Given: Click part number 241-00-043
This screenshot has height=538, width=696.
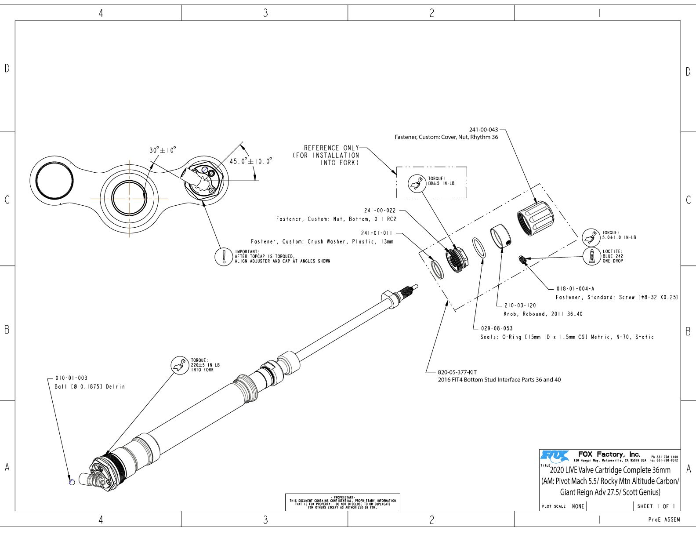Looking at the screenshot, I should point(483,130).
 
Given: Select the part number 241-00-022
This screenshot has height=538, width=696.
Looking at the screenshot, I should point(380,211).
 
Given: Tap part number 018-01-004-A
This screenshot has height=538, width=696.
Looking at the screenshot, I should point(575,289).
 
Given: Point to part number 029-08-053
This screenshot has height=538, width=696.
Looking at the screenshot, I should point(497,328).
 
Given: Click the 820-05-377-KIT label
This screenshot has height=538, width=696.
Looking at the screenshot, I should point(457,372).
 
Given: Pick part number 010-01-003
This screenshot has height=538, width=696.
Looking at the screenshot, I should point(71,378).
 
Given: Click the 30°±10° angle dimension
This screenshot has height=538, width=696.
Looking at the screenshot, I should point(163,150).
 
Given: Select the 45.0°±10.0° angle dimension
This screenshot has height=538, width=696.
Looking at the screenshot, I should point(250,161).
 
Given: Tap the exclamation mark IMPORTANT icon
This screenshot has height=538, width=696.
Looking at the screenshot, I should point(223,256).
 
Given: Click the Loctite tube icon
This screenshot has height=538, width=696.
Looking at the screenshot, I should point(591,256).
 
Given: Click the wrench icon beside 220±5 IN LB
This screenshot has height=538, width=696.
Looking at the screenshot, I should point(179,365).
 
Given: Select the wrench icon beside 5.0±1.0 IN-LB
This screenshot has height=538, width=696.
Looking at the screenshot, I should point(591,237).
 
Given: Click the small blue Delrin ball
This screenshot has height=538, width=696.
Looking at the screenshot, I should point(72,482).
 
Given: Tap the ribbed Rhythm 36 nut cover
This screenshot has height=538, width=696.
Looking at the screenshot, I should point(535,219).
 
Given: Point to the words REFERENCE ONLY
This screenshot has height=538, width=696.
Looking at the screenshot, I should point(331,148).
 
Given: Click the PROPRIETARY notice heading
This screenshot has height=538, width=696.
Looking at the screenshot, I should point(342,497).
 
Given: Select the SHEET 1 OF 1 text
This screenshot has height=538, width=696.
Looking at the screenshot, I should point(656,506).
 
